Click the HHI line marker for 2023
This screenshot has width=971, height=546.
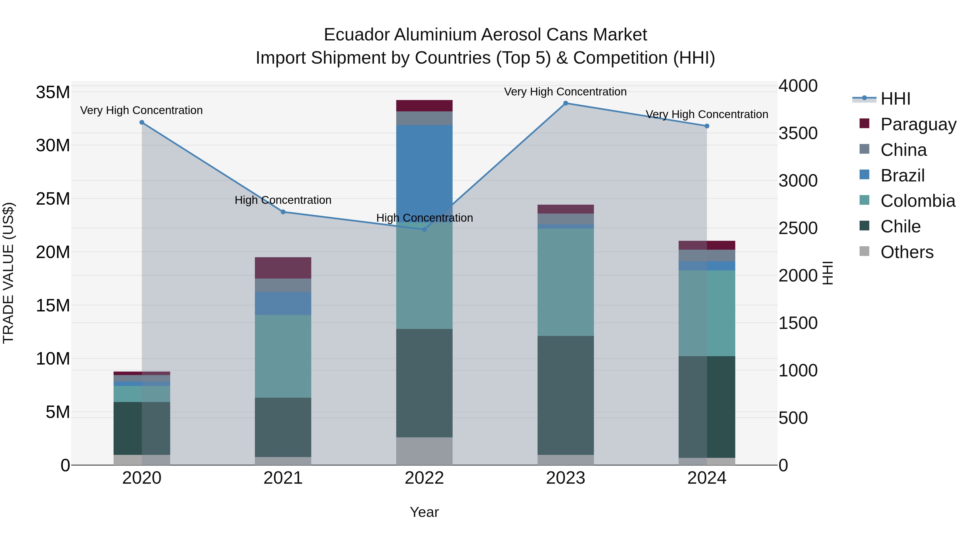tap(565, 103)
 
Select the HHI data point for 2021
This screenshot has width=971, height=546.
tap(283, 212)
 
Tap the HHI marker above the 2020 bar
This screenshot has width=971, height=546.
tap(142, 122)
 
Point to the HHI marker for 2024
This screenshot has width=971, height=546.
tap(707, 126)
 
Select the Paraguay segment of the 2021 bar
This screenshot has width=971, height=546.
tap(283, 268)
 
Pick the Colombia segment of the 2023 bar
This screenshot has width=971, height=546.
tap(565, 282)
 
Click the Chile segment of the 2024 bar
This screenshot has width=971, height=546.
tap(707, 407)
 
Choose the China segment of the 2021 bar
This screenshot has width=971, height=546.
tap(283, 285)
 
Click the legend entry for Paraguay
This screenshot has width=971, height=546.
tap(918, 124)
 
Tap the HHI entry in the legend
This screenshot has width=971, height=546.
tap(895, 99)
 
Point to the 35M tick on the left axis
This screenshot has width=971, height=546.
tap(53, 92)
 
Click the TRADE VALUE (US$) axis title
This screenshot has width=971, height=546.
tap(8, 273)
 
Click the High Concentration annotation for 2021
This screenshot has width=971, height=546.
tap(283, 200)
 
